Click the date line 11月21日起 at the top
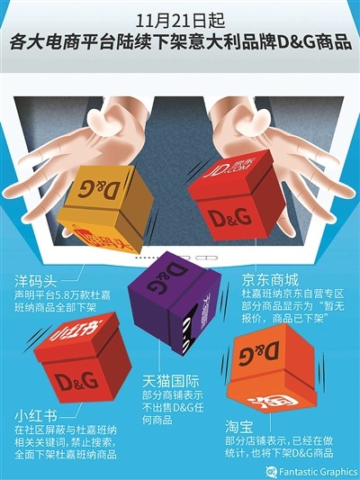coord(179,18)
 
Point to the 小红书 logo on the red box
coord(74,332)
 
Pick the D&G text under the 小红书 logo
coord(74,379)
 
